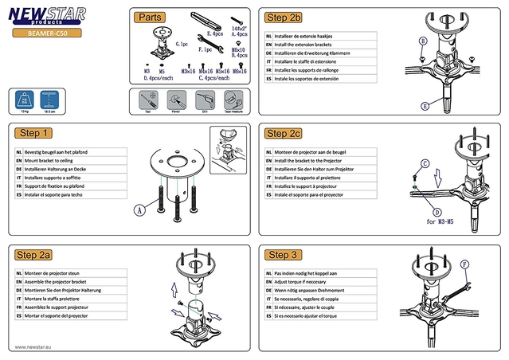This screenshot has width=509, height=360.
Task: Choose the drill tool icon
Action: pyautogui.click(x=202, y=100)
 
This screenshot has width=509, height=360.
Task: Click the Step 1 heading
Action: pyautogui.click(x=36, y=133)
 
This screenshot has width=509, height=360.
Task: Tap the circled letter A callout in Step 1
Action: pyautogui.click(x=139, y=210)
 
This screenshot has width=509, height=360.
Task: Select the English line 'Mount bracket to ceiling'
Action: pyautogui.click(x=60, y=160)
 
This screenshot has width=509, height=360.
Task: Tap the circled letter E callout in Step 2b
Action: pyautogui.click(x=425, y=105)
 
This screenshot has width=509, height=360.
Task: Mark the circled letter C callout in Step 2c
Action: pyautogui.click(x=425, y=163)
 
